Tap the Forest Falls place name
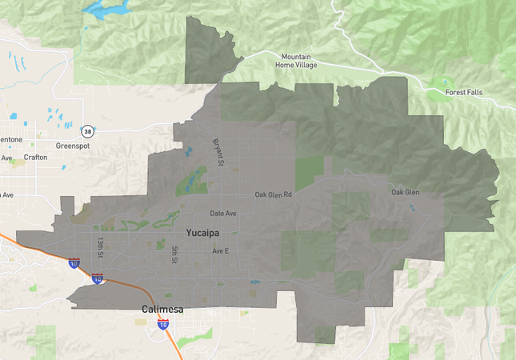pos(465,92)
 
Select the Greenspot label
pos(73,146)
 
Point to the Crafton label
pos(36,157)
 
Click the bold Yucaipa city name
pos(202,233)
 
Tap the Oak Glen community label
pos(405,192)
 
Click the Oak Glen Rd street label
pos(274,194)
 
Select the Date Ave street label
pos(223,214)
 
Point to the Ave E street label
pos(220,251)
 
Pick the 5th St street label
pos(174,255)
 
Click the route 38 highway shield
pos(86,130)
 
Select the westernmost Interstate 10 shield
pos(74,262)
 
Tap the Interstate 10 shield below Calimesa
pos(164,324)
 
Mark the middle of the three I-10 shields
pos(98,278)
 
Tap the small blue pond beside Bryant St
pos(189,151)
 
